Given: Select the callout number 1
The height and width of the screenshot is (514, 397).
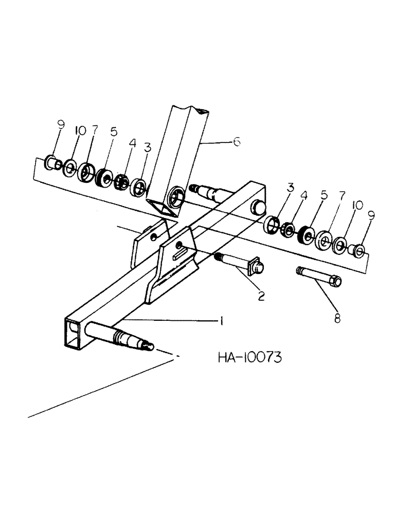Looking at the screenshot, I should click(221, 321).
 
